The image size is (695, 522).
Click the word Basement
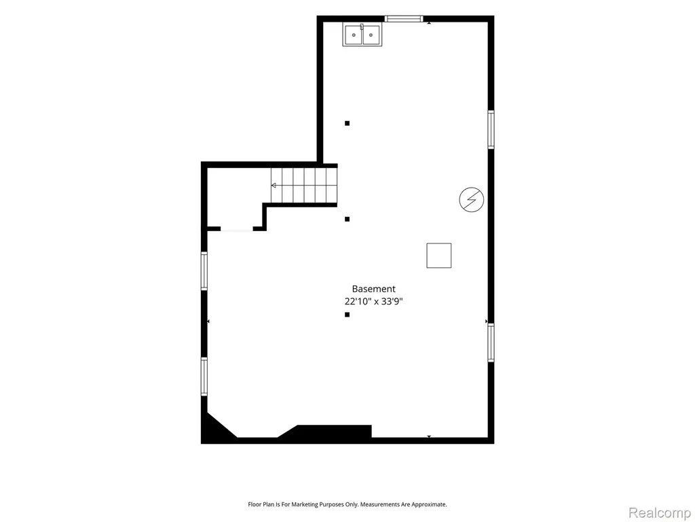374,289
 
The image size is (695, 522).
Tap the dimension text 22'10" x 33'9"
374,301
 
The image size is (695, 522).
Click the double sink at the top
362,35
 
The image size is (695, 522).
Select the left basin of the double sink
354,35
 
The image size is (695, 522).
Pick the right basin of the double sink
371,35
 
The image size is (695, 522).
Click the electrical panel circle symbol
471,199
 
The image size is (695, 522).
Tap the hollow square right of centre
439,256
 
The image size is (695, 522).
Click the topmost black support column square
347,124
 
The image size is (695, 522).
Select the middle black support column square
347,220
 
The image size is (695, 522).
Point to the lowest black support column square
347,315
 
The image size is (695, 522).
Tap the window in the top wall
404,18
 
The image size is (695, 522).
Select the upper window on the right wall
491,129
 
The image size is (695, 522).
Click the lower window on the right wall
491,343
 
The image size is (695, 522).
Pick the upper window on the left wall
204,271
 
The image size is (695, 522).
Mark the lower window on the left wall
204,377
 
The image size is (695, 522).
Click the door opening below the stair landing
237,230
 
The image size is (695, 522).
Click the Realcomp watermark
659,512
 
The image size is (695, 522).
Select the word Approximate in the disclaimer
429,505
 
